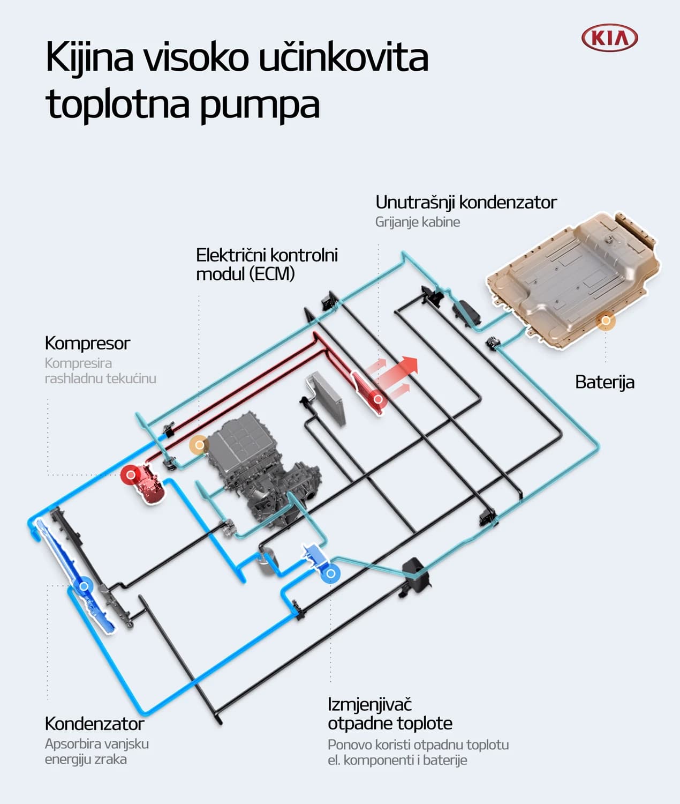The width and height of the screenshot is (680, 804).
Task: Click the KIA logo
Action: (x=610, y=38)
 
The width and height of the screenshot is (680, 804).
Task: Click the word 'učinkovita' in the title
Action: (x=343, y=57)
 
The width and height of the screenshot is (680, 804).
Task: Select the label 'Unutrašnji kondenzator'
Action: (x=466, y=202)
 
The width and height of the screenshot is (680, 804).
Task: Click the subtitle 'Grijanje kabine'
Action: (x=417, y=222)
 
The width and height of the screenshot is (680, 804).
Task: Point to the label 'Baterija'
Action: (x=605, y=382)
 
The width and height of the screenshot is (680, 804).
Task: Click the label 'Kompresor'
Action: (x=87, y=343)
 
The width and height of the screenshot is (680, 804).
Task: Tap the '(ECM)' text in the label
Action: (x=272, y=274)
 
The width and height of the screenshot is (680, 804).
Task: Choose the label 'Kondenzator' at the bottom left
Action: (x=94, y=724)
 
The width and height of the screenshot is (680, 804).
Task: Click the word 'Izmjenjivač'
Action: (x=369, y=704)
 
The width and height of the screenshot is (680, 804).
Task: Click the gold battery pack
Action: (x=573, y=279)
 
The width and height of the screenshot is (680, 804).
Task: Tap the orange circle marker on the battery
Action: (x=606, y=321)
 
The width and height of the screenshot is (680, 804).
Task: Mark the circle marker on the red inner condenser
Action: (x=378, y=399)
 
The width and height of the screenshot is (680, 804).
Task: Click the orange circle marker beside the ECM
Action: (x=199, y=445)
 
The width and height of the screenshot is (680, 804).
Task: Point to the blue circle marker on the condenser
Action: (x=84, y=586)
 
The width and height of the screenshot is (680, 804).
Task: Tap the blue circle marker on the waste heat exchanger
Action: (x=331, y=574)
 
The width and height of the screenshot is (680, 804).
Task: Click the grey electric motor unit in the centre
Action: (x=262, y=472)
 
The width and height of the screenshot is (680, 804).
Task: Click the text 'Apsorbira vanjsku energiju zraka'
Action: (x=96, y=751)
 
